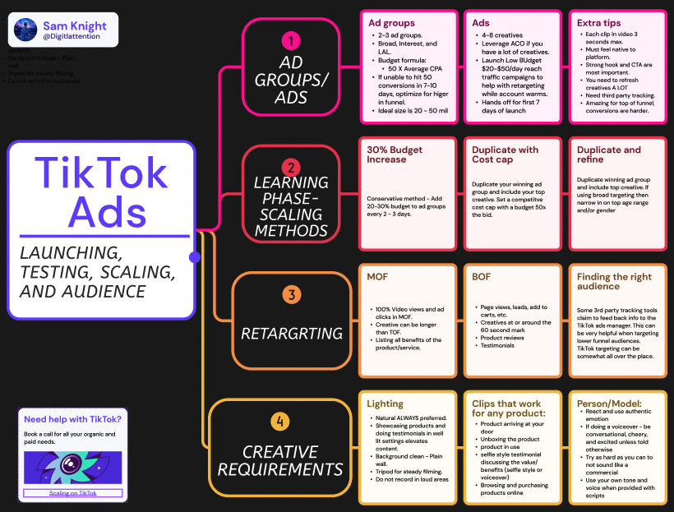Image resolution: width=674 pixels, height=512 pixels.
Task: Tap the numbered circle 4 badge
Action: pyautogui.click(x=281, y=422)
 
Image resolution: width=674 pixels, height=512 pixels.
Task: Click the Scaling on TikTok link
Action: pyautogui.click(x=72, y=492)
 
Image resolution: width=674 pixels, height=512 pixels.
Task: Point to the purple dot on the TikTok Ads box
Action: pyautogui.click(x=195, y=257)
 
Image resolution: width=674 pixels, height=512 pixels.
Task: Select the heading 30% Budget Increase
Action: pyautogui.click(x=396, y=155)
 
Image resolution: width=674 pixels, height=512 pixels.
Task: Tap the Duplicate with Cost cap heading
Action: pyautogui.click(x=505, y=155)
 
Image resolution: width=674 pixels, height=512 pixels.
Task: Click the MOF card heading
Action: pyautogui.click(x=377, y=277)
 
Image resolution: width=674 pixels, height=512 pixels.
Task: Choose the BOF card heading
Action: pyautogui.click(x=482, y=277)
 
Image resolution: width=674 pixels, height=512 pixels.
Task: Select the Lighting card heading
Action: pyautogui.click(x=385, y=404)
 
